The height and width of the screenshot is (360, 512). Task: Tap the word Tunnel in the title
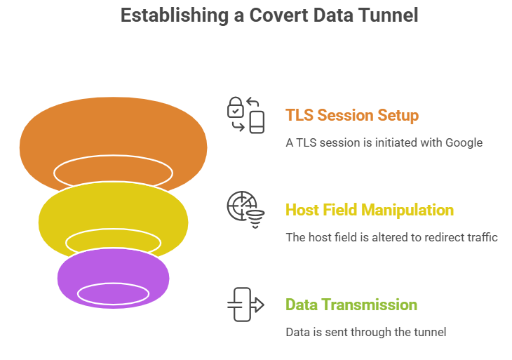[x=385, y=15]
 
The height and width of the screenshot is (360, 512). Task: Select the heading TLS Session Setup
[x=352, y=115]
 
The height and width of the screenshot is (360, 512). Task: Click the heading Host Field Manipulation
[x=370, y=210]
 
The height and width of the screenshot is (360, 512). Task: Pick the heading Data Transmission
[x=351, y=305]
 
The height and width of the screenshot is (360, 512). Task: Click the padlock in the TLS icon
[x=236, y=108]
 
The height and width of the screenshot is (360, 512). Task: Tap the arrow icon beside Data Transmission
[x=245, y=305]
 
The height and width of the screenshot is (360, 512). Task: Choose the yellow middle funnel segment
[x=112, y=214]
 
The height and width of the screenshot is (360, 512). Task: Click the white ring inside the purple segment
[x=112, y=293]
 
